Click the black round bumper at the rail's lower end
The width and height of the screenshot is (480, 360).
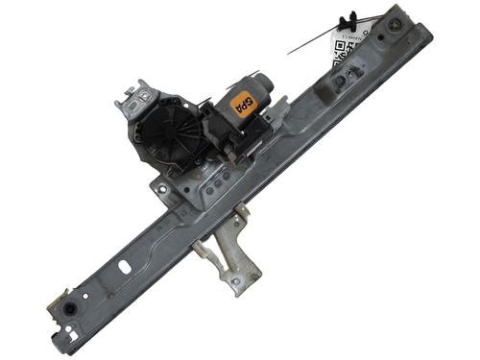70,310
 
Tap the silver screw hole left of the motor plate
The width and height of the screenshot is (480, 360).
163,188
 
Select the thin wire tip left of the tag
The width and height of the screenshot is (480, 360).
290,52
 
